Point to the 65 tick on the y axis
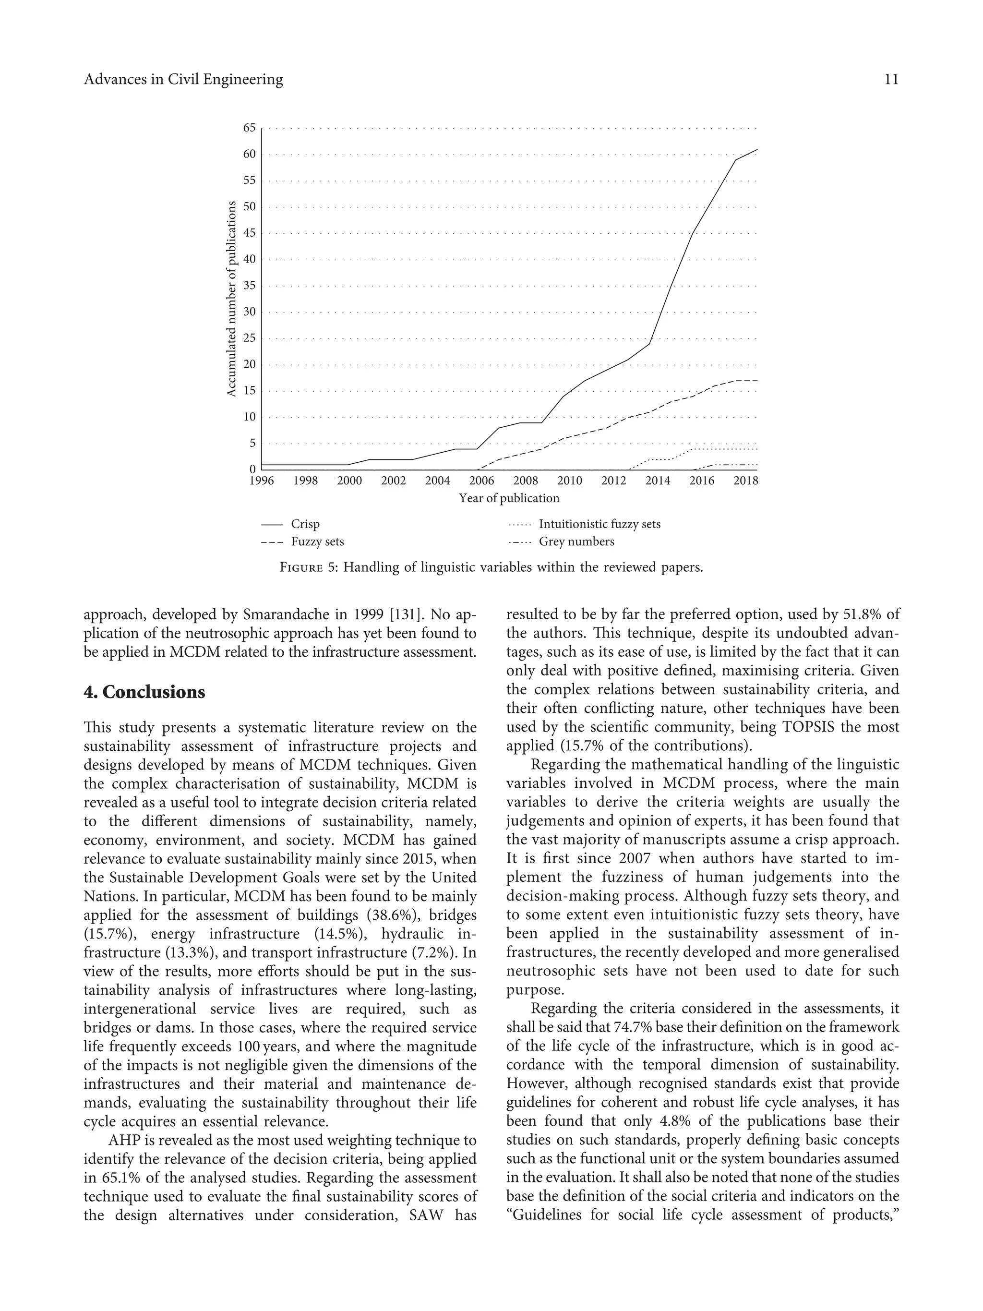(x=249, y=128)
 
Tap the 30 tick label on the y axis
(x=249, y=312)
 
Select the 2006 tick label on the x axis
(x=481, y=481)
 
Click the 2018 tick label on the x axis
(x=745, y=481)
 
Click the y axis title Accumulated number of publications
(x=232, y=299)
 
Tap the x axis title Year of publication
(x=509, y=498)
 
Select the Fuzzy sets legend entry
(x=317, y=541)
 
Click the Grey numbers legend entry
(x=576, y=541)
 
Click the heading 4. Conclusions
(x=144, y=692)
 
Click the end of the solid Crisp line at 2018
(x=756, y=150)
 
